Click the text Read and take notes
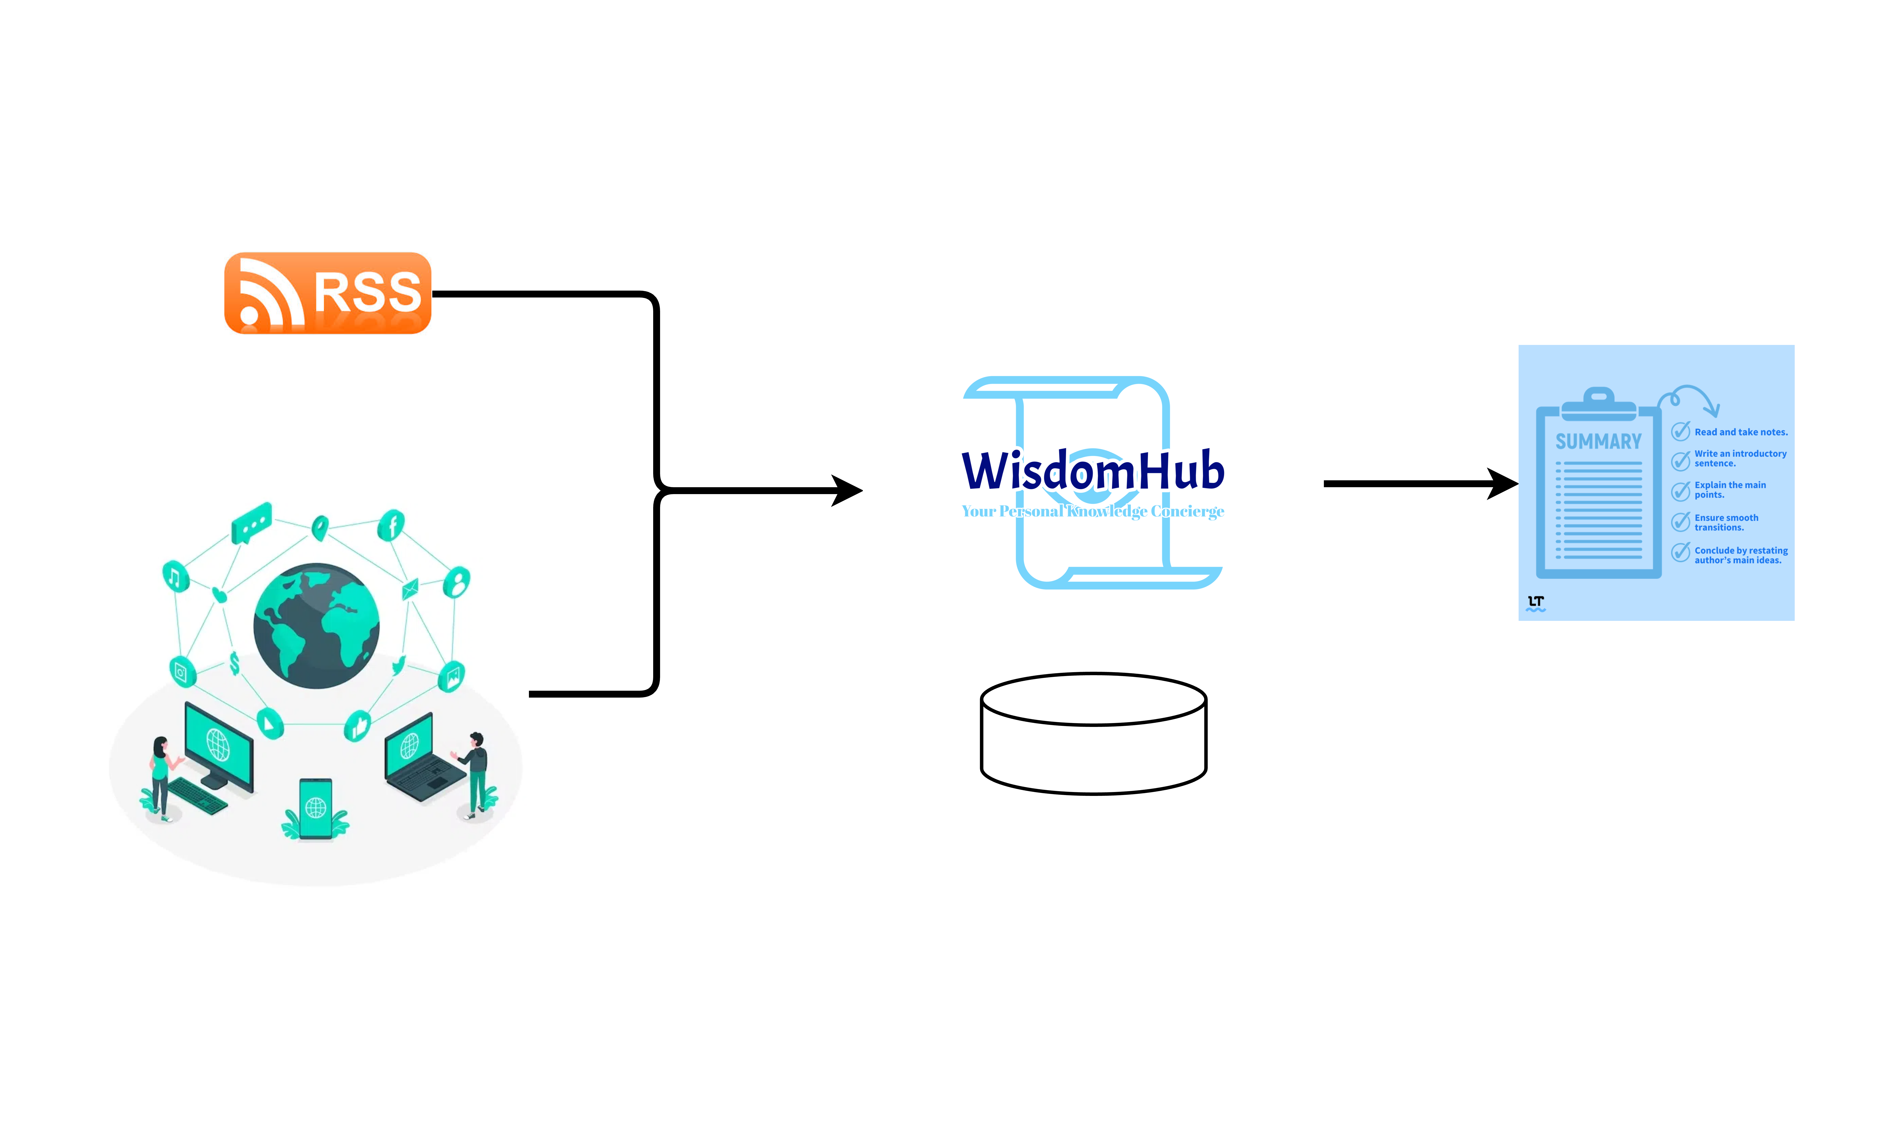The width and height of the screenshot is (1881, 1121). pos(1740,432)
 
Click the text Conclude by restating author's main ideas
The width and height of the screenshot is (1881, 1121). pos(1740,555)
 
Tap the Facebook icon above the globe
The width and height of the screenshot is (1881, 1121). pos(392,524)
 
